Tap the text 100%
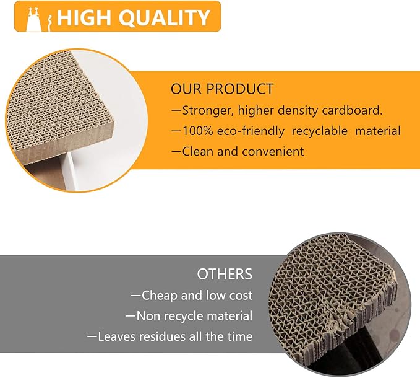(197, 131)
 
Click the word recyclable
(323, 131)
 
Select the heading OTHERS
(225, 274)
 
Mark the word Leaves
(118, 336)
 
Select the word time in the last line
(239, 336)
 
